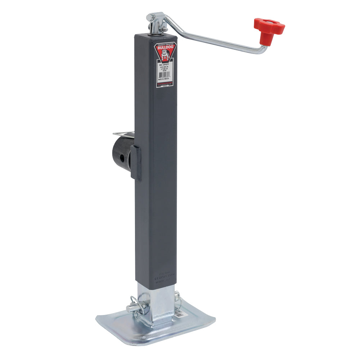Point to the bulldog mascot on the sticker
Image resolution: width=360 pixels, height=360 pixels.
point(165,55)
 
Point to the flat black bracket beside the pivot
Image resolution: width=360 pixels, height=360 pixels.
point(136,163)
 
